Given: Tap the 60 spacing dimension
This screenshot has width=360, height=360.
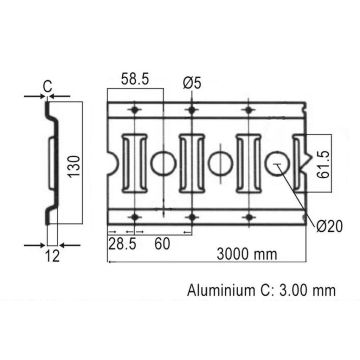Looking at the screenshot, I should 160,244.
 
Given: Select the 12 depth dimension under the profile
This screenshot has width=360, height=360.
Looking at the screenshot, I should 52,255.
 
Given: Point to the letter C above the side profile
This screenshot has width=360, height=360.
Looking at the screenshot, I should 47,87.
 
